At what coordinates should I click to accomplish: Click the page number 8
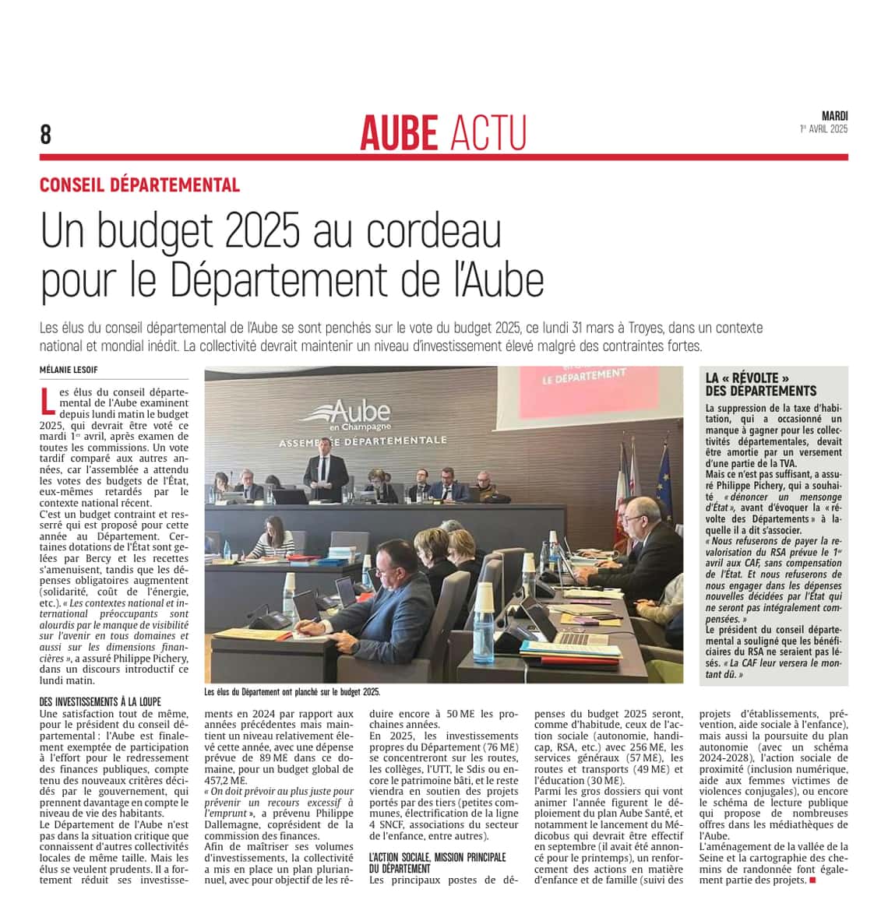coord(46,135)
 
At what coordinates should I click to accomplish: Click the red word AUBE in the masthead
coord(400,132)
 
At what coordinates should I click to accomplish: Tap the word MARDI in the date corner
coord(834,116)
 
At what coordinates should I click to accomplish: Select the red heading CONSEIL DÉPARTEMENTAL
coord(139,185)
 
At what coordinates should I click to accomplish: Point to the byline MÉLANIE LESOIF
coord(69,370)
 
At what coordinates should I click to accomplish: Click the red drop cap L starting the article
coord(48,400)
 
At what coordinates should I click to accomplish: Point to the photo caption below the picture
coord(292,691)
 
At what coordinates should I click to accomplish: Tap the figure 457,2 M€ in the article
coord(226,780)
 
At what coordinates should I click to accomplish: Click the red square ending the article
coord(812,880)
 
